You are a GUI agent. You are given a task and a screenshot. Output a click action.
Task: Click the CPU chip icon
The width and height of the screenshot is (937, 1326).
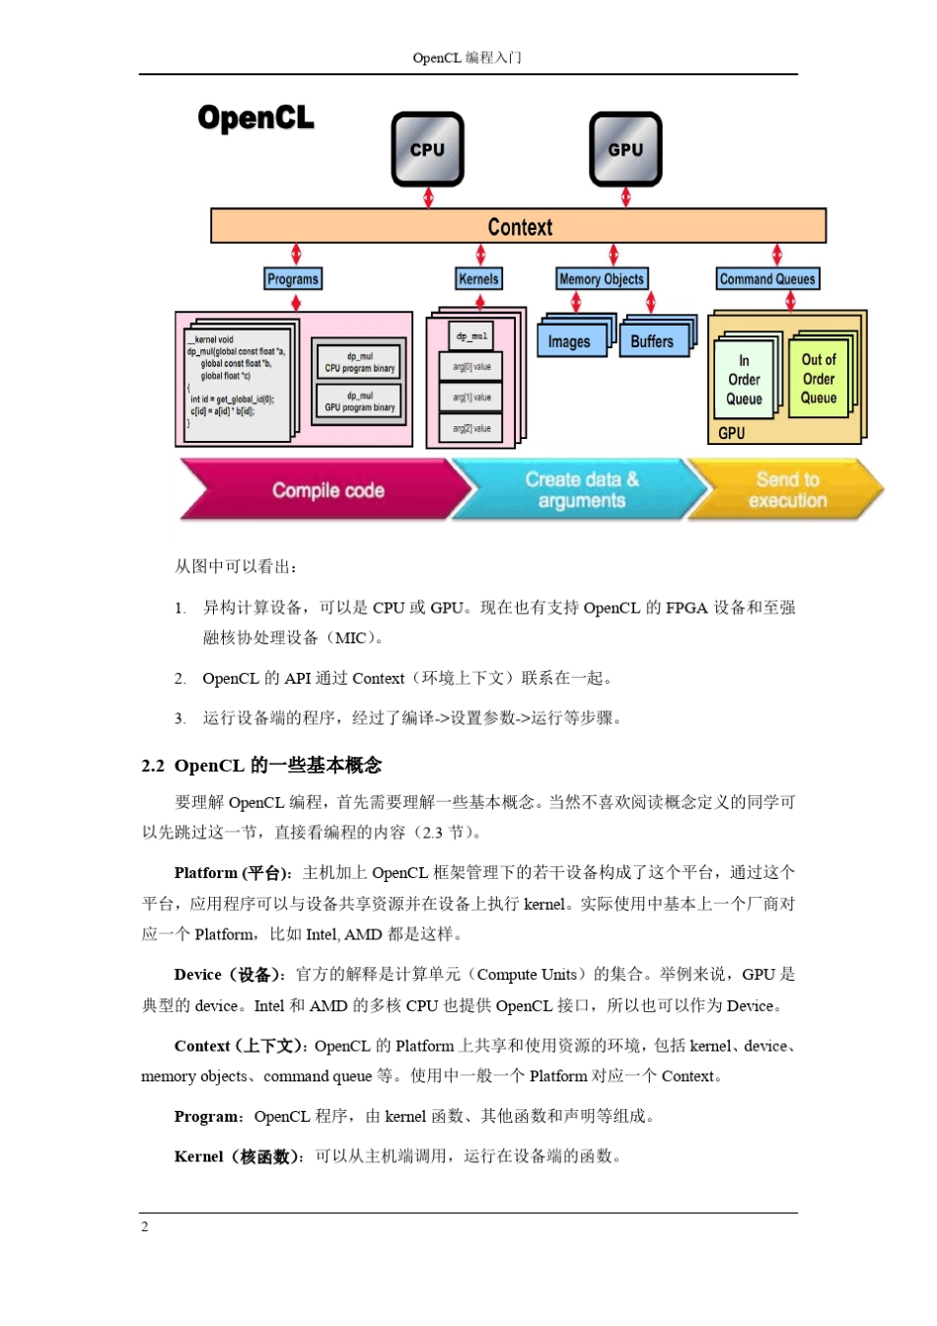[x=427, y=149]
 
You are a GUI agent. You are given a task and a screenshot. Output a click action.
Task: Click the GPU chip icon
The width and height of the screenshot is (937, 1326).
[x=625, y=149]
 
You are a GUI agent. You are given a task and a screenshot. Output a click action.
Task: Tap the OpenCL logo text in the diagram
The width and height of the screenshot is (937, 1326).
[x=255, y=118]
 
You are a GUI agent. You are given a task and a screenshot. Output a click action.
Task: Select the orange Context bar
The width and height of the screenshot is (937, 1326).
[x=518, y=226]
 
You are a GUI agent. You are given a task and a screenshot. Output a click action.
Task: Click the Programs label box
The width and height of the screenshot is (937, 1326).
[x=293, y=279]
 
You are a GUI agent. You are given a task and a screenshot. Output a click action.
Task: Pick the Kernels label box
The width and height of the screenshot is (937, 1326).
[x=478, y=279]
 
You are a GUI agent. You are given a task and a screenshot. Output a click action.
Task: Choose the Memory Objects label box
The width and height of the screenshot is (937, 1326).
[x=601, y=279]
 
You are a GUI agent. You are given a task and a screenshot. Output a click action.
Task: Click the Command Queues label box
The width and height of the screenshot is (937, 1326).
[x=767, y=279]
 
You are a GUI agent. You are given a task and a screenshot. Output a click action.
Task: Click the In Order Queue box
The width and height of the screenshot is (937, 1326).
[x=745, y=380]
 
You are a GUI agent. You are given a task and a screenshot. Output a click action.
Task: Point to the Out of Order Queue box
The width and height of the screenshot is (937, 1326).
[x=819, y=379]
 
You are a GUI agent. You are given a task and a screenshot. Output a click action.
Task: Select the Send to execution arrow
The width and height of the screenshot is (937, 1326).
[x=786, y=490]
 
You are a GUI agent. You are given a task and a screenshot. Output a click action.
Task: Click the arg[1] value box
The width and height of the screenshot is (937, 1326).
[x=471, y=398]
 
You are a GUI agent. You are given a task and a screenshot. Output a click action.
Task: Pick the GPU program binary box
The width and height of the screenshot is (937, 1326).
[x=359, y=402]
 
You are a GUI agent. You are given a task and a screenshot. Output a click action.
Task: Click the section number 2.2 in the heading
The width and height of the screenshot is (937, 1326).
[x=153, y=766]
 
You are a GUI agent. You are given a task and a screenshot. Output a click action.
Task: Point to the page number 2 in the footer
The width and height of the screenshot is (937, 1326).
[x=145, y=1226]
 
